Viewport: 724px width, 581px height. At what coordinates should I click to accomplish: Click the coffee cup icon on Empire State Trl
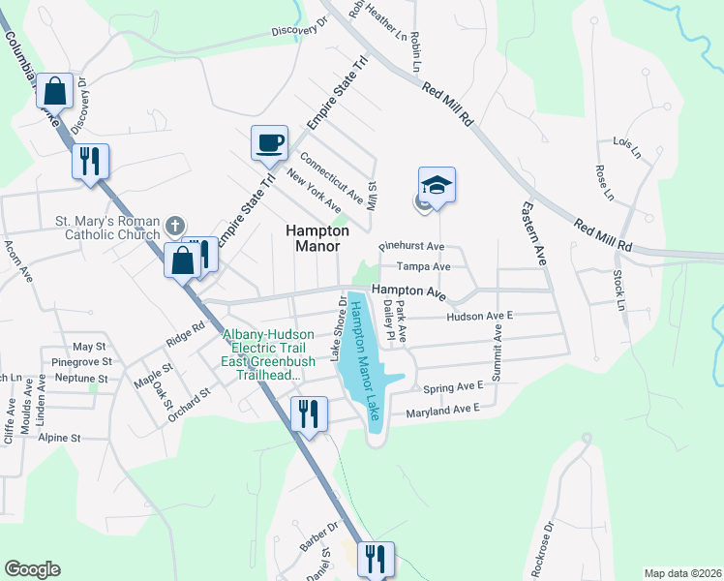point(270,143)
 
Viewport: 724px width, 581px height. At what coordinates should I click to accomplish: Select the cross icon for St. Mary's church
point(174,226)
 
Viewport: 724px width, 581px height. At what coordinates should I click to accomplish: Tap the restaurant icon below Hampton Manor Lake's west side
point(309,414)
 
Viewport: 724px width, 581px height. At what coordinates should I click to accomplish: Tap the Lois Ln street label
point(627,146)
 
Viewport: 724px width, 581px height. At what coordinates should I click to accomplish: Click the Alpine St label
point(59,438)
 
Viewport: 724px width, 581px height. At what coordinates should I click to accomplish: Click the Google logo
point(32,569)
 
